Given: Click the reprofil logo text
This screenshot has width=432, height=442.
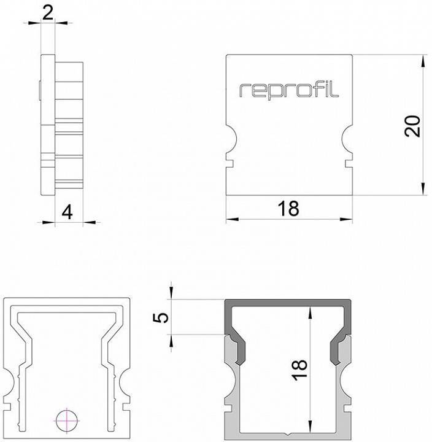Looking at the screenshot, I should (x=288, y=90).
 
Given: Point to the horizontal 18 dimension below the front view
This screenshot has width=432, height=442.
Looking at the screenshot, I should (x=288, y=209).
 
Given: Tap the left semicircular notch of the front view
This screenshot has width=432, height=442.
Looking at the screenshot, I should (x=230, y=139).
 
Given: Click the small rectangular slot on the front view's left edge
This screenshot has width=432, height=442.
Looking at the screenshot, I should (x=229, y=163).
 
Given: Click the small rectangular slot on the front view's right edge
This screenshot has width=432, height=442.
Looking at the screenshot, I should (x=350, y=163).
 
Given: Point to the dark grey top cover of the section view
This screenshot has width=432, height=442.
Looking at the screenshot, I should (x=288, y=305).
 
